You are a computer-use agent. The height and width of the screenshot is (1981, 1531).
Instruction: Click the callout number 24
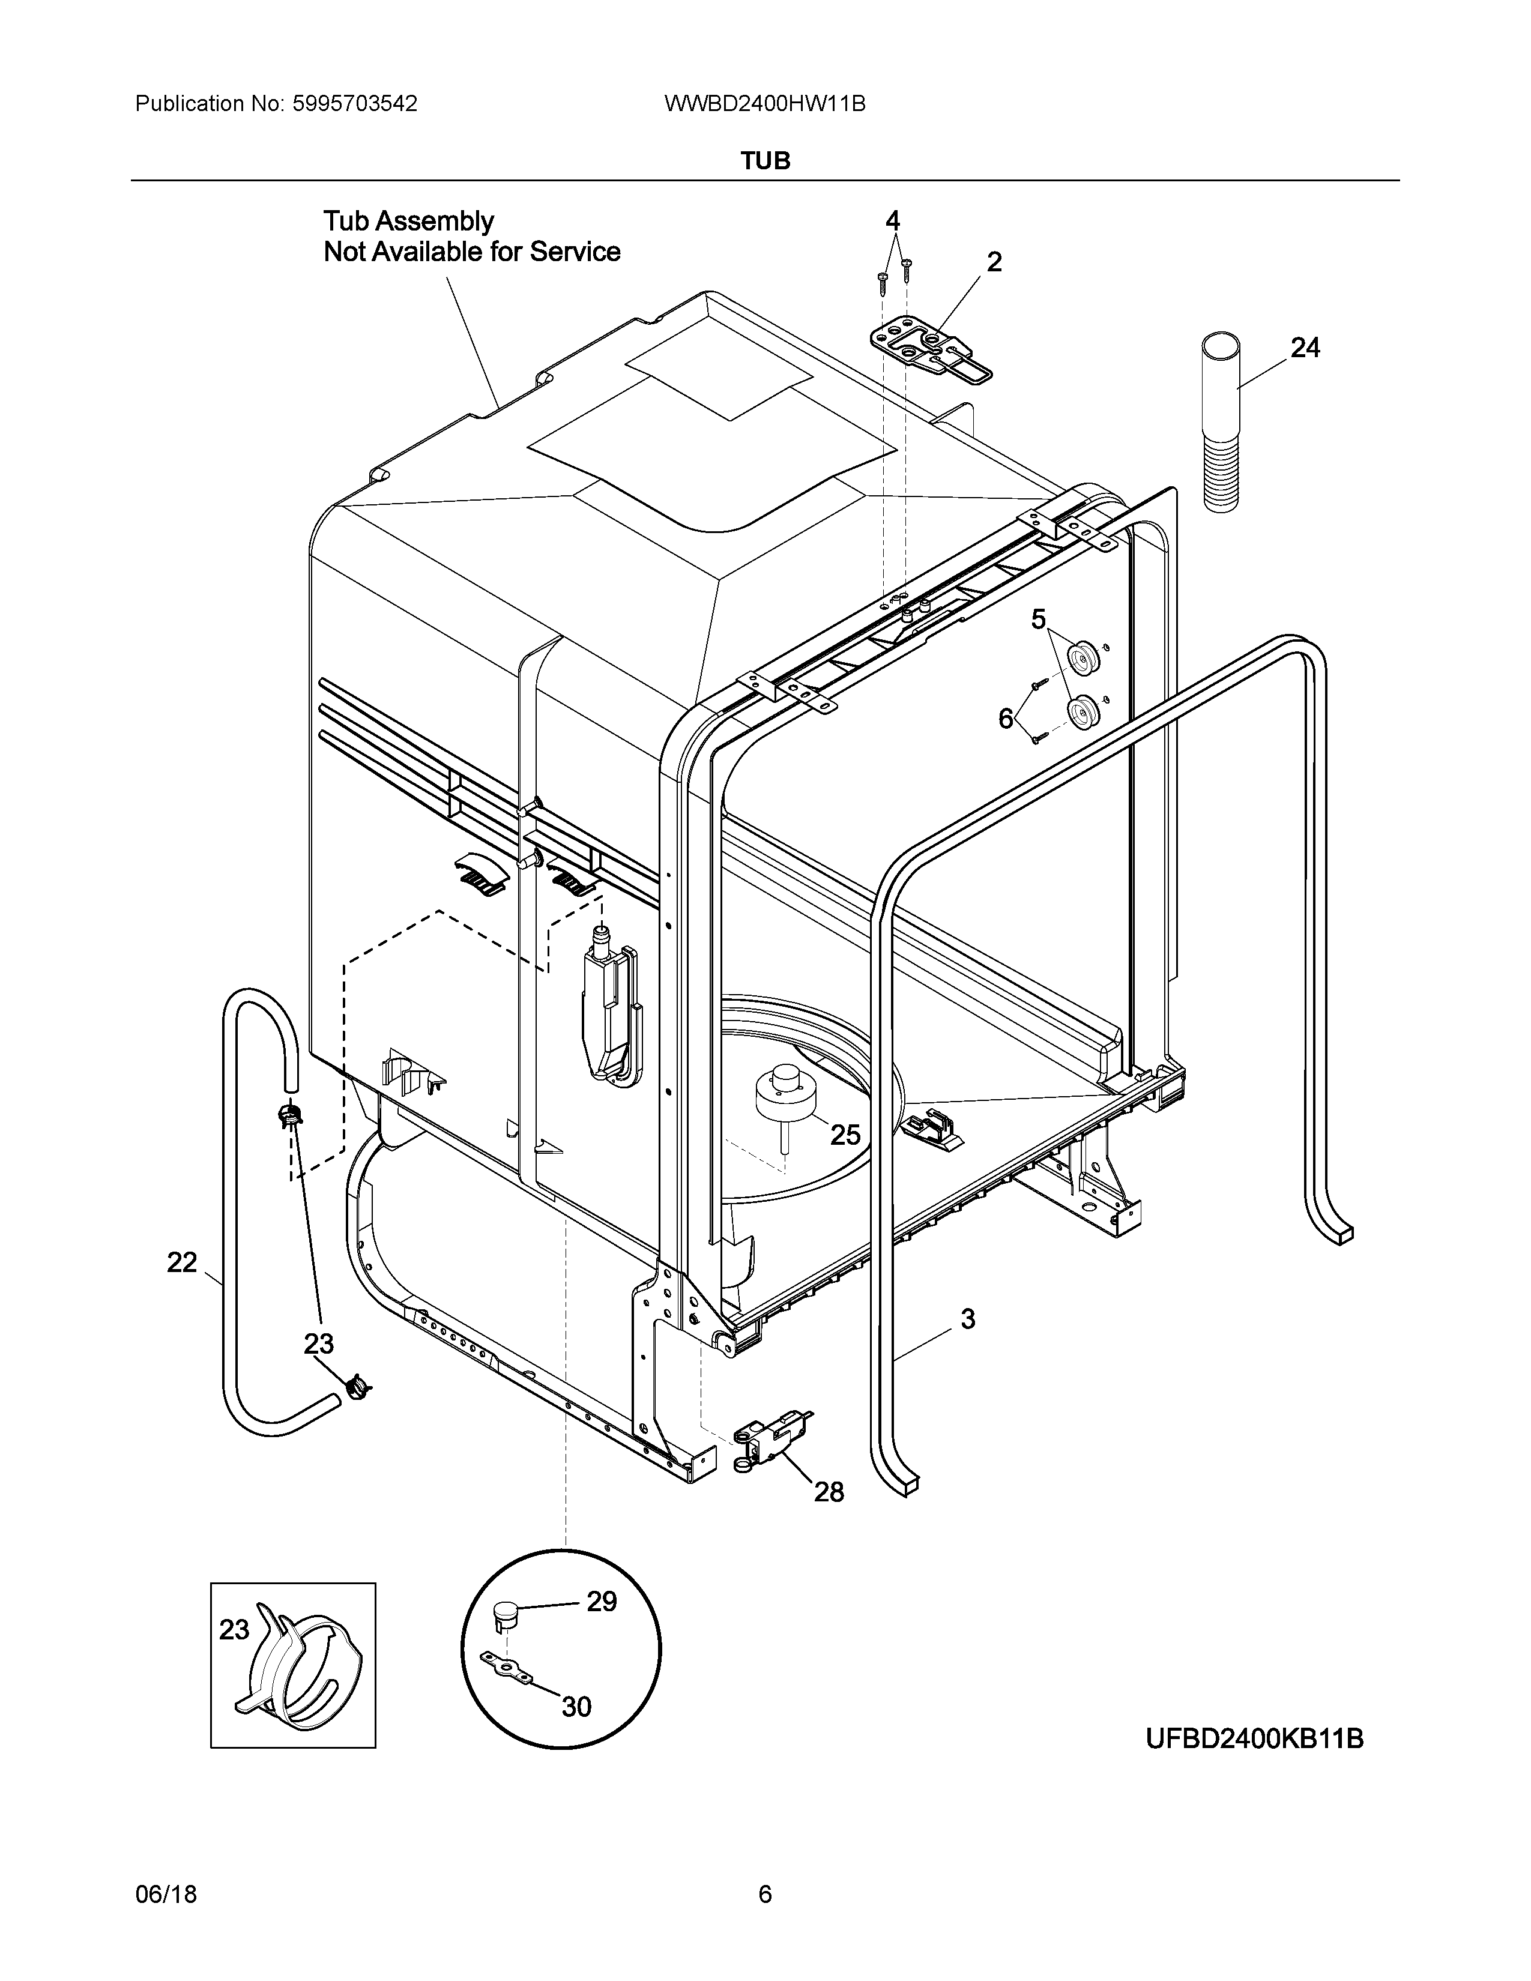(x=1305, y=348)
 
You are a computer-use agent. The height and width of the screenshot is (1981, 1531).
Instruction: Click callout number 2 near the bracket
(x=994, y=262)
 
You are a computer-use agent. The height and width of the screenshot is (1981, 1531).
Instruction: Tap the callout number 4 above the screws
(x=892, y=220)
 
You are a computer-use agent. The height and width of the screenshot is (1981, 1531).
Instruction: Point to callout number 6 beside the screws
(x=1005, y=719)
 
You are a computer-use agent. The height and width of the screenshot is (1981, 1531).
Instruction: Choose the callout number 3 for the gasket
(x=968, y=1319)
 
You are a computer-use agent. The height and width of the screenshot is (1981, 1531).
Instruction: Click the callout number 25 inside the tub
(x=845, y=1135)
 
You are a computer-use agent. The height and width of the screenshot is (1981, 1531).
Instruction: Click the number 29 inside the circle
(x=602, y=1602)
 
